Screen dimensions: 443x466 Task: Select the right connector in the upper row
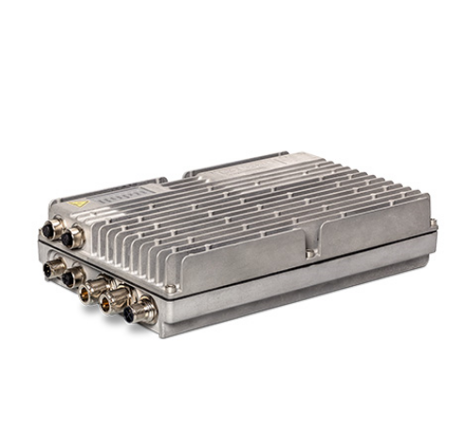70,239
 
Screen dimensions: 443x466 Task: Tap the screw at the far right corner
432,223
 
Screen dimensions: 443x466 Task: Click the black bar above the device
233,33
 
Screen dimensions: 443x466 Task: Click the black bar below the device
233,407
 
